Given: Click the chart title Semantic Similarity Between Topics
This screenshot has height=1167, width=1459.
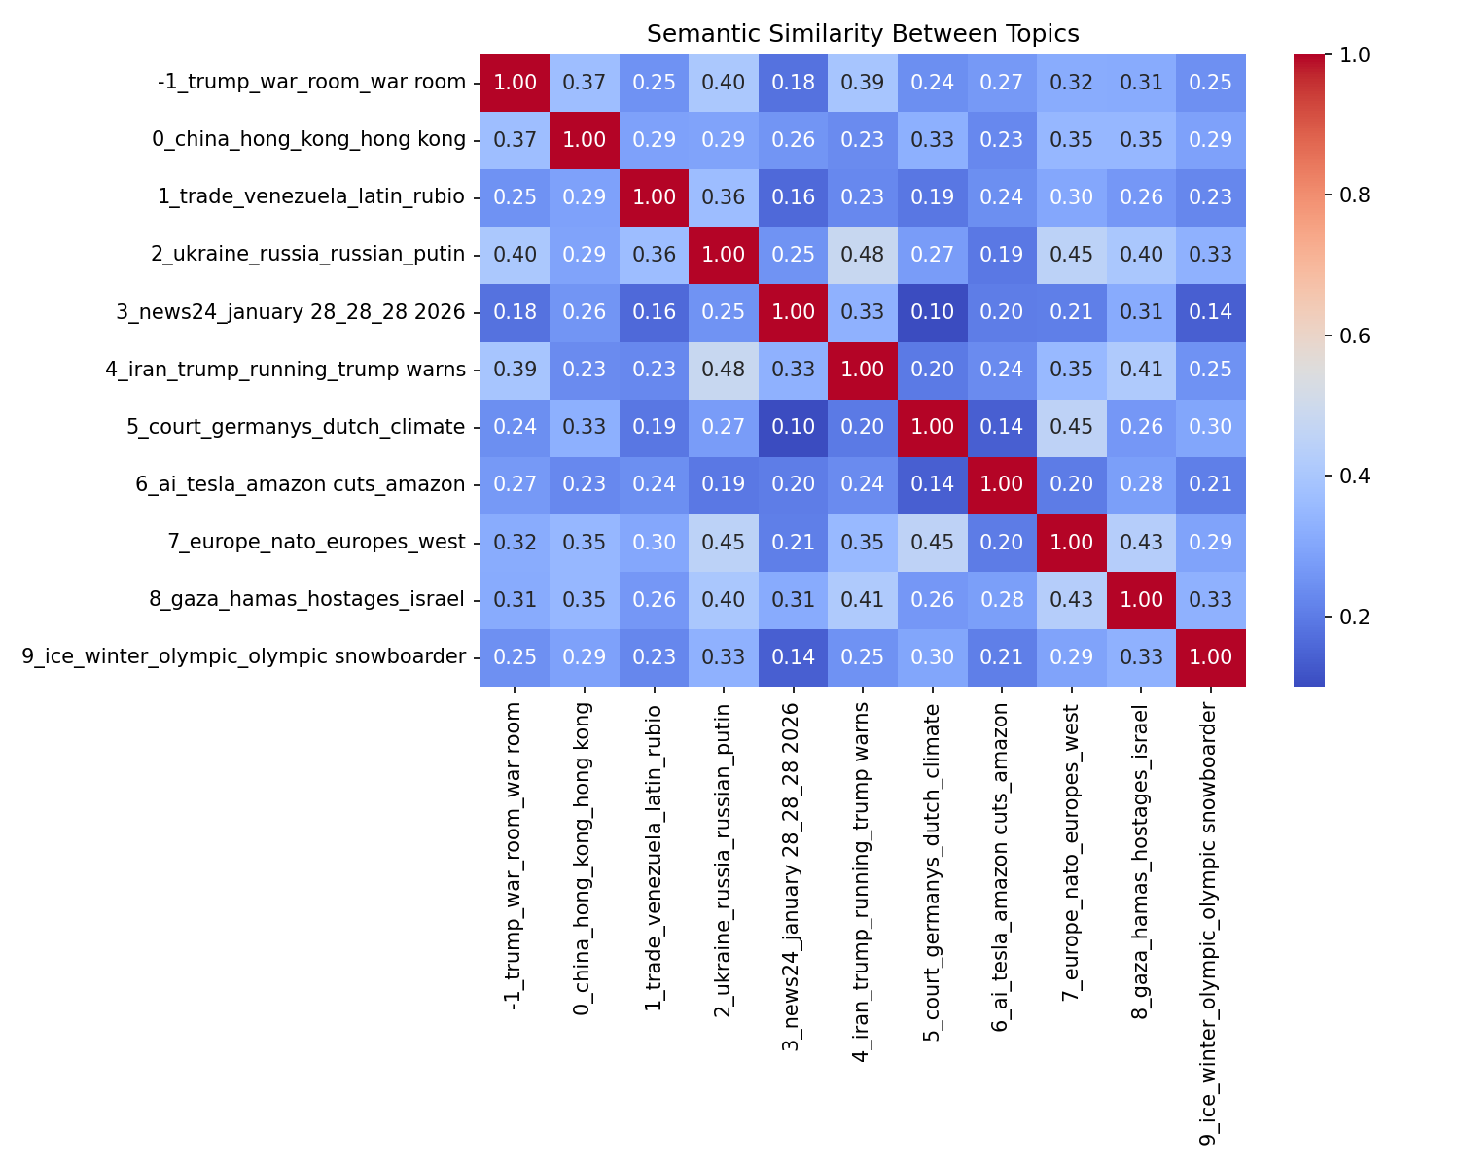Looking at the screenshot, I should coord(863,34).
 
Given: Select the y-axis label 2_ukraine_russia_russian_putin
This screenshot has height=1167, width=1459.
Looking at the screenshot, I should coord(308,255).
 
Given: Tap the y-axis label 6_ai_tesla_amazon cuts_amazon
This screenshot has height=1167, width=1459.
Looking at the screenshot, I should coord(301,484).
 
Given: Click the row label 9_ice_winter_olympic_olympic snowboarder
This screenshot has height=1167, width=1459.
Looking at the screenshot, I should coord(243,656).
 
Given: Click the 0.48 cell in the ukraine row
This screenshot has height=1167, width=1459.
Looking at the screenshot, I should coord(863,255).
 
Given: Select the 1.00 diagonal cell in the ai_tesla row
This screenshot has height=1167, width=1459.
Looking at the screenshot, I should coord(1002,484).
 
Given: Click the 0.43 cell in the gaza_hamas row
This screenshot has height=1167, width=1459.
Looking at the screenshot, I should coord(1071,599).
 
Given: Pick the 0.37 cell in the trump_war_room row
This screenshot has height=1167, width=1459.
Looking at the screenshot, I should coord(585,83).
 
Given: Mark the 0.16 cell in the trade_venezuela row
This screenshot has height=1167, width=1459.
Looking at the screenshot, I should coord(793,197).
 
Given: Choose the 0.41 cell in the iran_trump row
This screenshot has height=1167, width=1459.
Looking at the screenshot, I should coord(1141,370).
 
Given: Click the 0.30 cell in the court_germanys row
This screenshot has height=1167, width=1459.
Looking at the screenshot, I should coord(1210,427).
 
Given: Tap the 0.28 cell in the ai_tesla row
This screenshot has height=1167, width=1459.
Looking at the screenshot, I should coord(1141,484).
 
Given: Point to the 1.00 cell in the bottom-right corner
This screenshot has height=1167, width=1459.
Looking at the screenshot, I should coord(1210,656).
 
